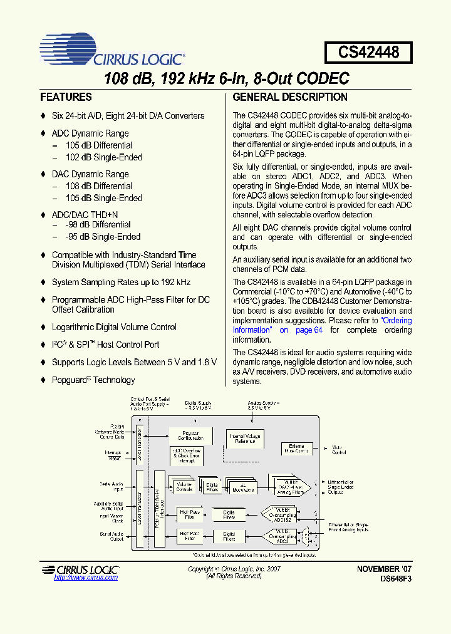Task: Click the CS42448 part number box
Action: pos(368,51)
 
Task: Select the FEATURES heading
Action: pos(66,97)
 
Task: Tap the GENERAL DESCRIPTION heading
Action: pos(290,97)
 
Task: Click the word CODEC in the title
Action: pos(317,79)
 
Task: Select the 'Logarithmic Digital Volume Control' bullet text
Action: pos(114,327)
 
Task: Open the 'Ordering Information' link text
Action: pos(397,321)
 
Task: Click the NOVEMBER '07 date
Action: pos(384,569)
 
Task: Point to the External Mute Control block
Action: pos(295,449)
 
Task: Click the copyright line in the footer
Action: pos(234,569)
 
